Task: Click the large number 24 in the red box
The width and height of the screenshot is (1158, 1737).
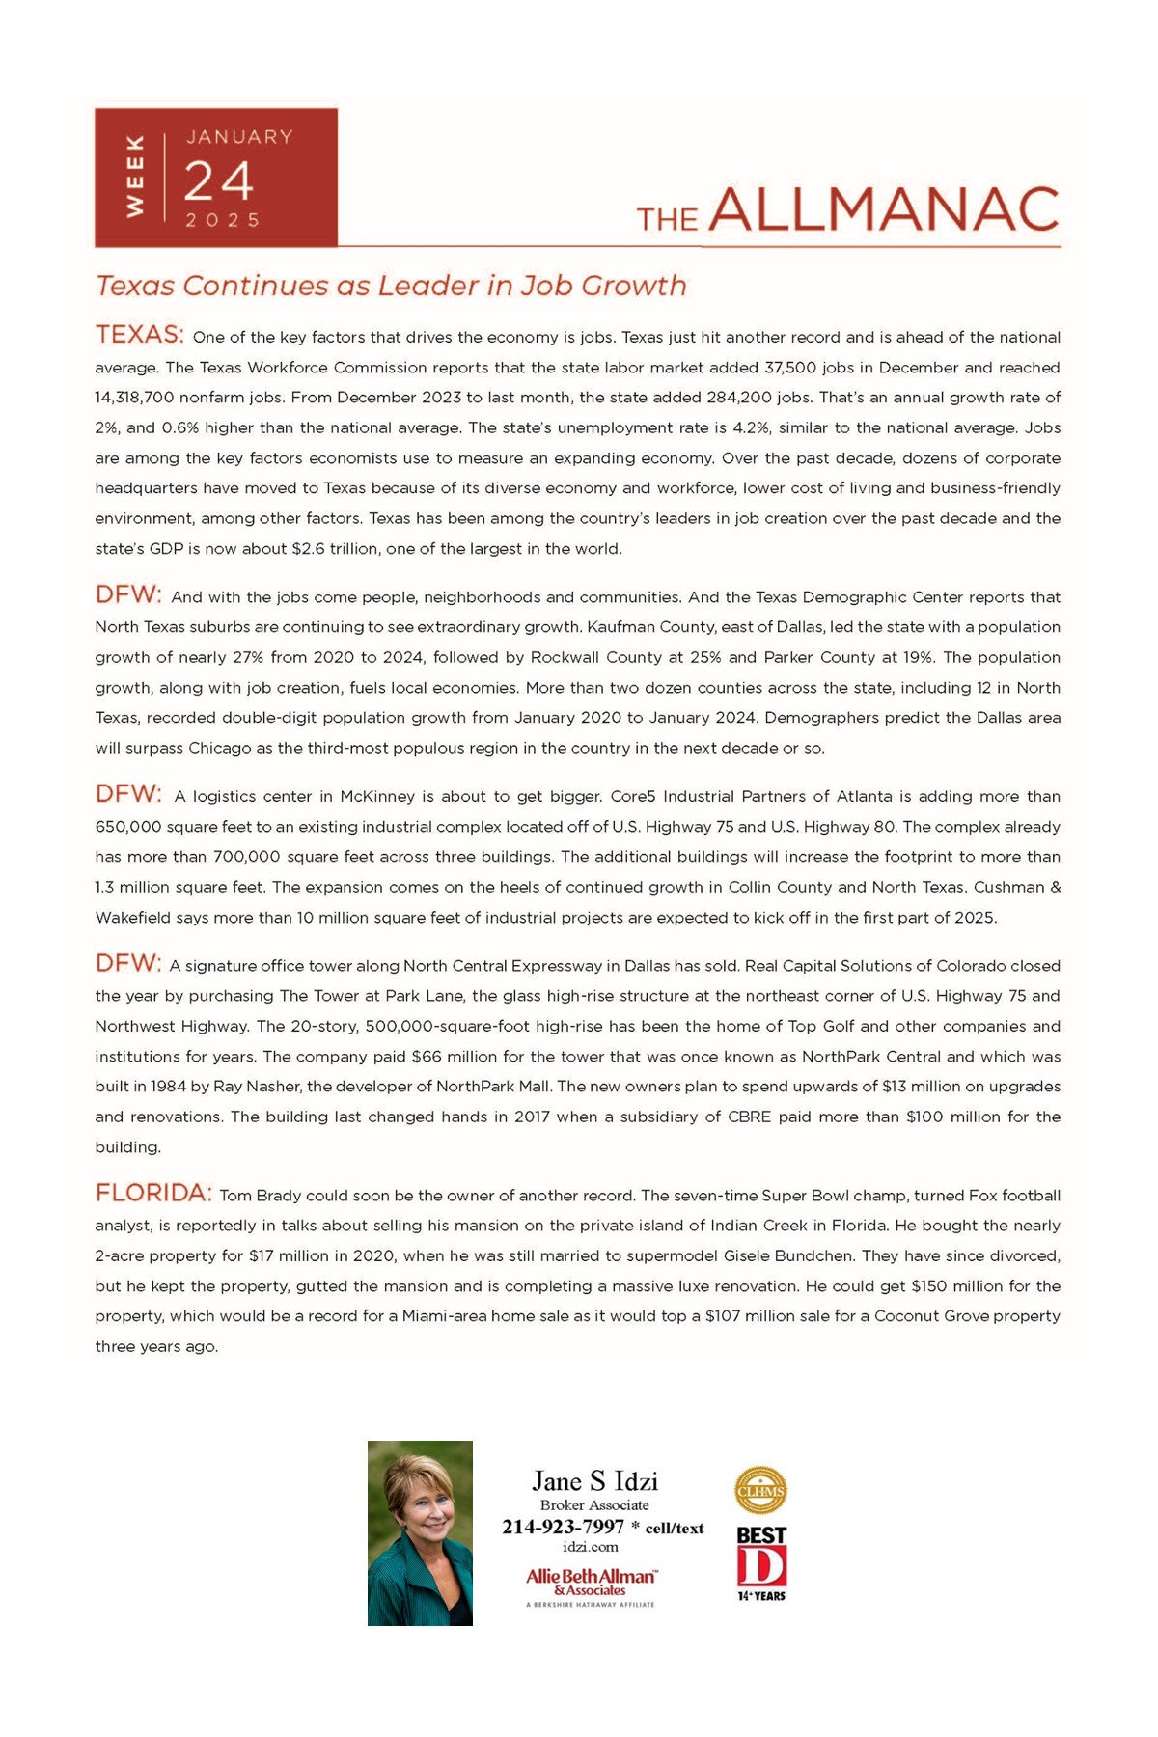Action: (x=218, y=181)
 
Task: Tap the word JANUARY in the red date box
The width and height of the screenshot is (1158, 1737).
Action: (x=239, y=137)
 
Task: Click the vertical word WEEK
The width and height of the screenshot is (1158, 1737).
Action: (x=136, y=176)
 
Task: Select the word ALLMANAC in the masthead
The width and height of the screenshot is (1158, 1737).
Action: (x=884, y=209)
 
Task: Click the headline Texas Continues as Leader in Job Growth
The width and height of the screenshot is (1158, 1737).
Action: (x=391, y=286)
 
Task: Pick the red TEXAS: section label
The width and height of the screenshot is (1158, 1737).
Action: (x=139, y=335)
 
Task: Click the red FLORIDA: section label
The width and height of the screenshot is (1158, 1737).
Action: (x=153, y=1193)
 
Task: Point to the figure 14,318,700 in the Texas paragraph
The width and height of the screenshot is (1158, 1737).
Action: (x=142, y=398)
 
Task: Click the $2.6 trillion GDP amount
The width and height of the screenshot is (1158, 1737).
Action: (x=336, y=549)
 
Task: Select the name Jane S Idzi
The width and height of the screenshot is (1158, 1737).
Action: (x=594, y=1481)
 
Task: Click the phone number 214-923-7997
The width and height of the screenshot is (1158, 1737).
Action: (x=563, y=1527)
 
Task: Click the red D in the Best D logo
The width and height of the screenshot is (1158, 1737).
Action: (x=761, y=1566)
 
